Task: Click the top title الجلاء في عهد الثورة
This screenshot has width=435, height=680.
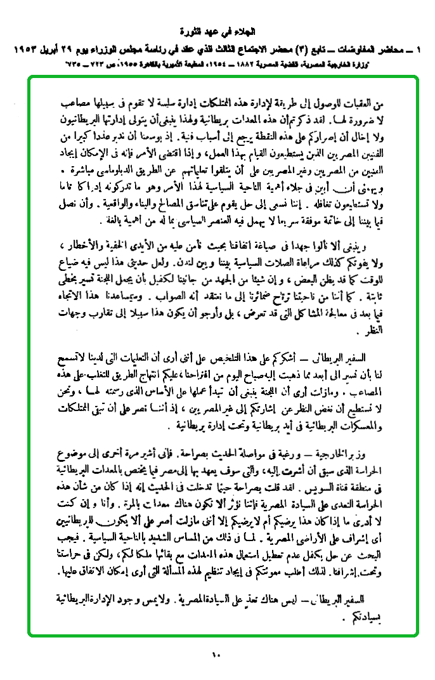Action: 216,31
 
